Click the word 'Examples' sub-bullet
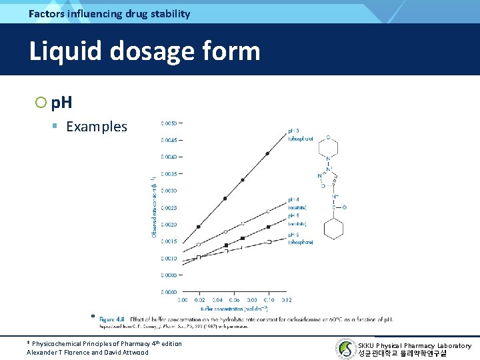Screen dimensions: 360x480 coord(97,127)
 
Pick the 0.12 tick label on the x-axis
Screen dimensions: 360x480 coord(286,301)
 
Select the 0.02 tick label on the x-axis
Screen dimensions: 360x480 coord(199,301)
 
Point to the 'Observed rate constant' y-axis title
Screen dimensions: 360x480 coord(154,207)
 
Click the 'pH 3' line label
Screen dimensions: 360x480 coord(294,131)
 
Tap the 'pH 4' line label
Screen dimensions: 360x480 coord(294,199)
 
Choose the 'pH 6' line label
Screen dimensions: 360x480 coord(294,235)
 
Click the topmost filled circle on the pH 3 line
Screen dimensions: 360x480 coord(268,154)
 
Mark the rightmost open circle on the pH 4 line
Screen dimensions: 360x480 coord(268,211)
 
